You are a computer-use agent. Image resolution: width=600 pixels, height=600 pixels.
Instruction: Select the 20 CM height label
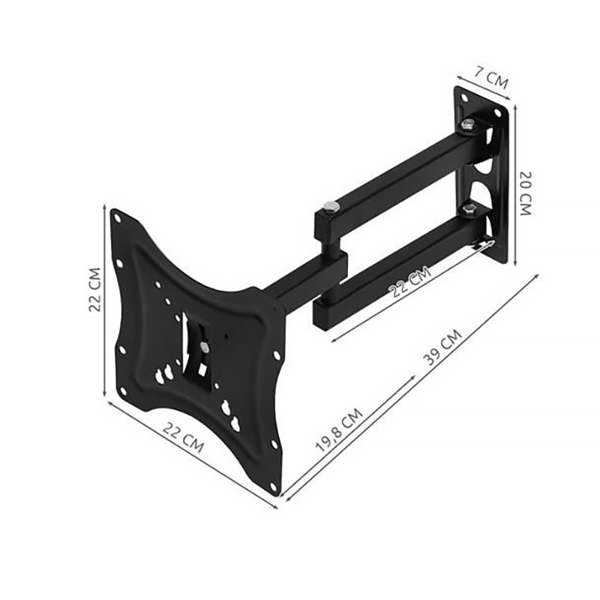click(526, 193)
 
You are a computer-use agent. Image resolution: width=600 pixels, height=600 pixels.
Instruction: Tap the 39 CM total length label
click(443, 347)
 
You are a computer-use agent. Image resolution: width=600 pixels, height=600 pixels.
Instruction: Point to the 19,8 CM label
click(338, 430)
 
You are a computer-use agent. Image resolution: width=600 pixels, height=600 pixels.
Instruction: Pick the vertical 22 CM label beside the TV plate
click(94, 289)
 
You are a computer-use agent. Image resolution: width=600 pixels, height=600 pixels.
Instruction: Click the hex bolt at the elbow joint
click(328, 208)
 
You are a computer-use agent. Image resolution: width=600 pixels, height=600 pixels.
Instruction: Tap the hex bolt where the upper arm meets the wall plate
click(467, 124)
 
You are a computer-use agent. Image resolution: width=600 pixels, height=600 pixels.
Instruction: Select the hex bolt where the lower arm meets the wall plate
click(467, 209)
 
